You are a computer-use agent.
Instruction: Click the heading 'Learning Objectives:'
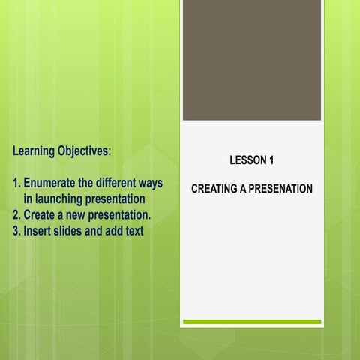(x=62, y=151)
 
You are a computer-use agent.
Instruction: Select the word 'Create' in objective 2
(x=43, y=215)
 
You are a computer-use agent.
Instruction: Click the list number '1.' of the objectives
(x=17, y=184)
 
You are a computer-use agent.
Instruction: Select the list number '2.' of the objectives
(x=17, y=215)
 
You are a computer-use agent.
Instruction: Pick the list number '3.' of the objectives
(x=17, y=231)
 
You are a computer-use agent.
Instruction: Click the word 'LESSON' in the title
(x=247, y=160)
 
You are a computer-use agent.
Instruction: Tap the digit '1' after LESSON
(x=271, y=160)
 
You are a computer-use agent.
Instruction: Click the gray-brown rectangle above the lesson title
(x=251, y=60)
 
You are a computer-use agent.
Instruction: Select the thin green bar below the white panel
(x=251, y=322)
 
